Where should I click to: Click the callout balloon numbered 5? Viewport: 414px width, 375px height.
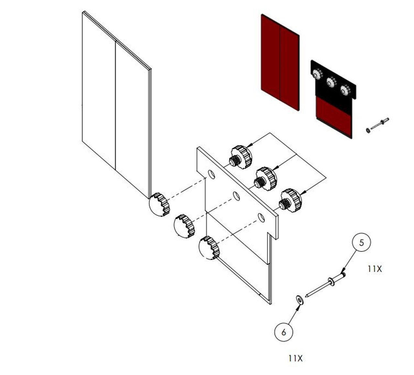(361, 242)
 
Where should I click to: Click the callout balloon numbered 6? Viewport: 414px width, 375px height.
(284, 332)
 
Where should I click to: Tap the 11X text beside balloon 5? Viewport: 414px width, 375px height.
(375, 269)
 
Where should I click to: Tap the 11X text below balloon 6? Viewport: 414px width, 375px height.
(295, 358)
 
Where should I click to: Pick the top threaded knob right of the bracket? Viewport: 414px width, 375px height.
(241, 157)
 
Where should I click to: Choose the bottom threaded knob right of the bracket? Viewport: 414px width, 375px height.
(291, 200)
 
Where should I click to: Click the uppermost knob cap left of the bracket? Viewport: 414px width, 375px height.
(159, 205)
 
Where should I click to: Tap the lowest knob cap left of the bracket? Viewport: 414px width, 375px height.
(209, 248)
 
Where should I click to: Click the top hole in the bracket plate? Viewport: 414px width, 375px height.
(211, 175)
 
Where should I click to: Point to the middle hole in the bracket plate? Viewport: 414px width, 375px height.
(236, 196)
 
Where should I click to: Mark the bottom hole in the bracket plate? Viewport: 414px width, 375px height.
(261, 218)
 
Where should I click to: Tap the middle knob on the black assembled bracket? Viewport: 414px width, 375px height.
(330, 83)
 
